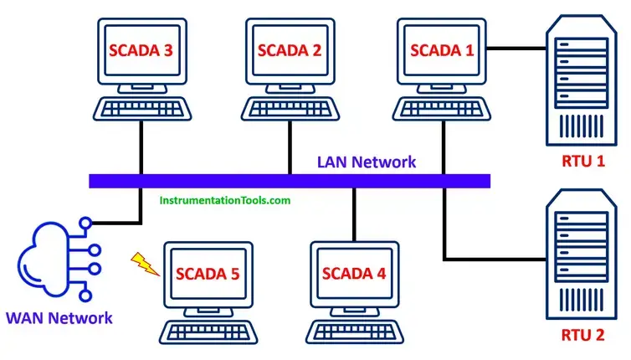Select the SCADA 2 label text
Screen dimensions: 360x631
point(288,49)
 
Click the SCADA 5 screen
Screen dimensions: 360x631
point(207,273)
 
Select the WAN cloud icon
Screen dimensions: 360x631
point(52,259)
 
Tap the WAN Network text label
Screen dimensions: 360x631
point(59,317)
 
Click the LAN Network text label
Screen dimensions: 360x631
point(366,162)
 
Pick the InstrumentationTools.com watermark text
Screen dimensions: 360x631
point(225,201)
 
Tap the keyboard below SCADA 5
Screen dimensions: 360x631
point(207,332)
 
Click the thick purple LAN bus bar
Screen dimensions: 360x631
point(289,180)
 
